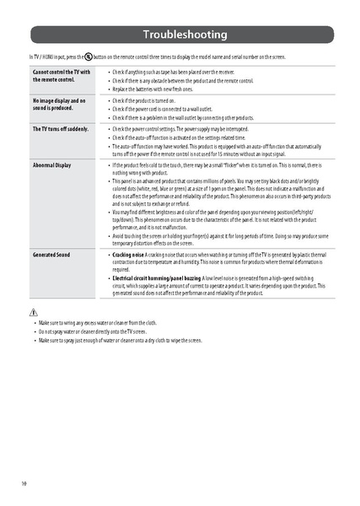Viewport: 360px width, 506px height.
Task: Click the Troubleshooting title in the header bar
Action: tap(184, 35)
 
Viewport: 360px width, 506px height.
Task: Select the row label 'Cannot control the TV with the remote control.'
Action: tap(61, 76)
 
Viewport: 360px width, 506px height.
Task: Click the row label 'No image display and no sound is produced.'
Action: tap(59, 105)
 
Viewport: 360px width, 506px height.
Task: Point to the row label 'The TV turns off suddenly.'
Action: tap(60, 129)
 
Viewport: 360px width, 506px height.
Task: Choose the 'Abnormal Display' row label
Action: tap(51, 164)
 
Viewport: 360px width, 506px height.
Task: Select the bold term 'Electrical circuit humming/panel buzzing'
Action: tap(157, 277)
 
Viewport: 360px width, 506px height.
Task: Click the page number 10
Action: tap(24, 482)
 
